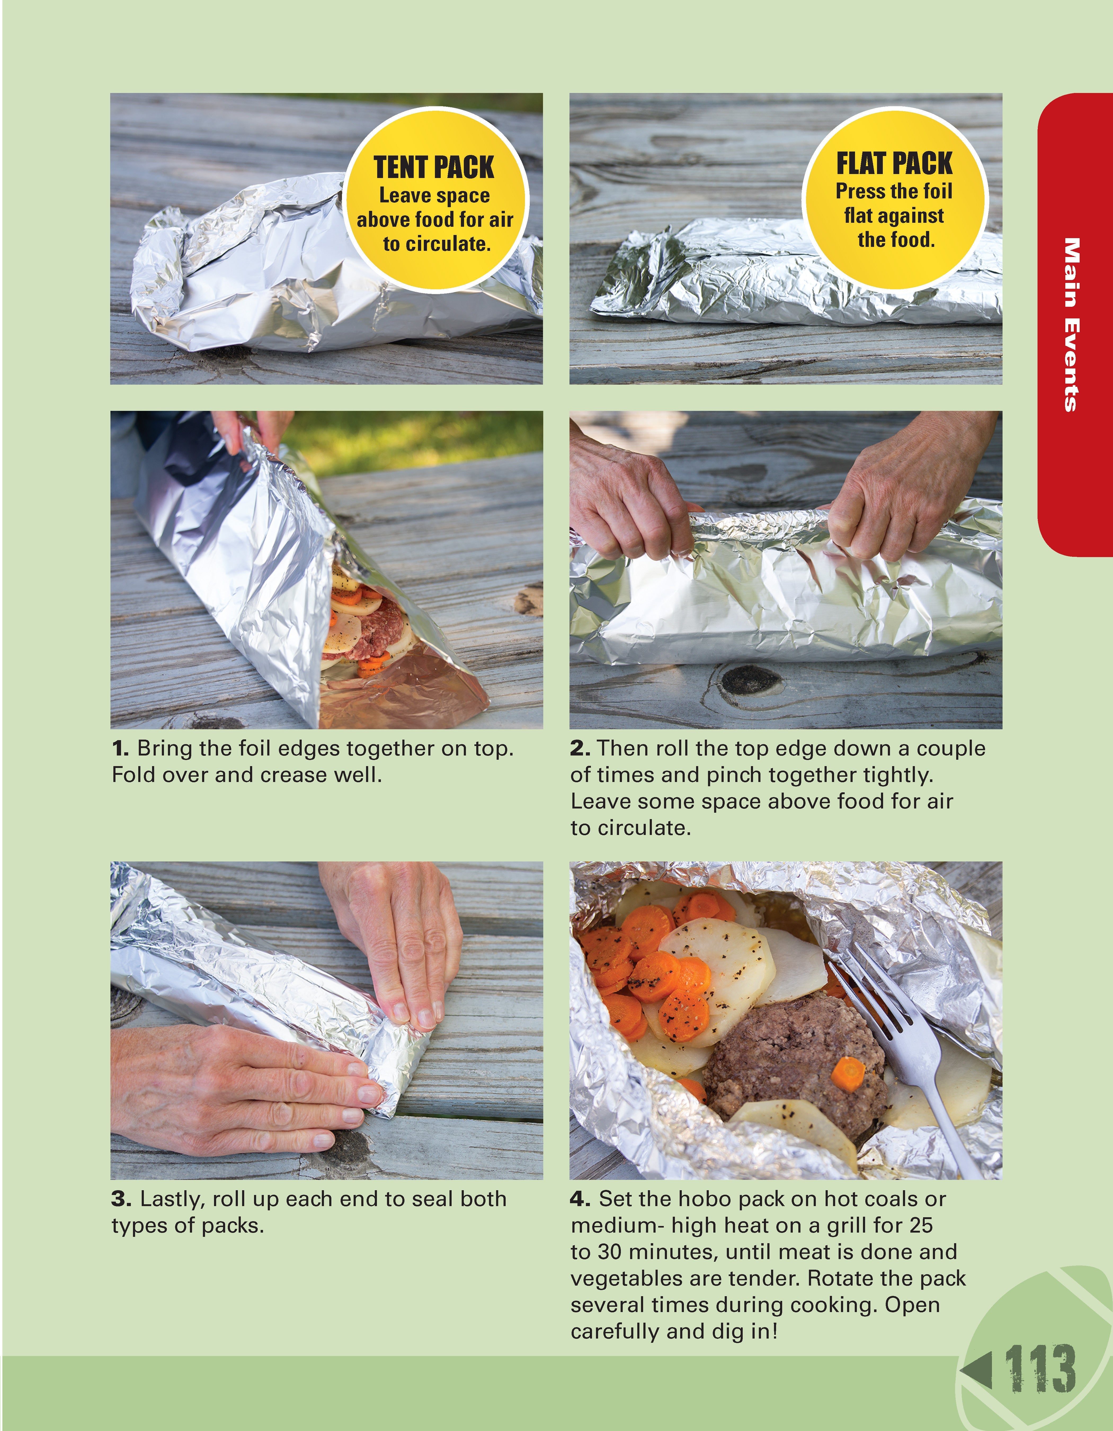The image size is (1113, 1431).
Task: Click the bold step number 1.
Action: (120, 748)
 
